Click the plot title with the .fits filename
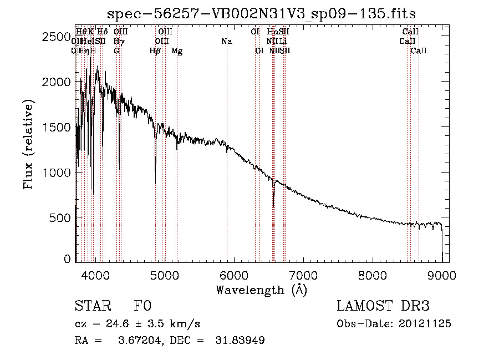(262, 13)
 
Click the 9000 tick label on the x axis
(442, 275)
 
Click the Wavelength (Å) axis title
(261, 290)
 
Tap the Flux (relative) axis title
(29, 145)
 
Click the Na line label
(226, 42)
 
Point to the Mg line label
(176, 51)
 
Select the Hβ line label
(155, 51)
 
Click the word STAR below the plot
(93, 307)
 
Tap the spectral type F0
(142, 307)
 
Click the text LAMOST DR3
(383, 307)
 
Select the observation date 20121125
(425, 324)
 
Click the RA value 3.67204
(136, 341)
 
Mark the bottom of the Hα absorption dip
(273, 206)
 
